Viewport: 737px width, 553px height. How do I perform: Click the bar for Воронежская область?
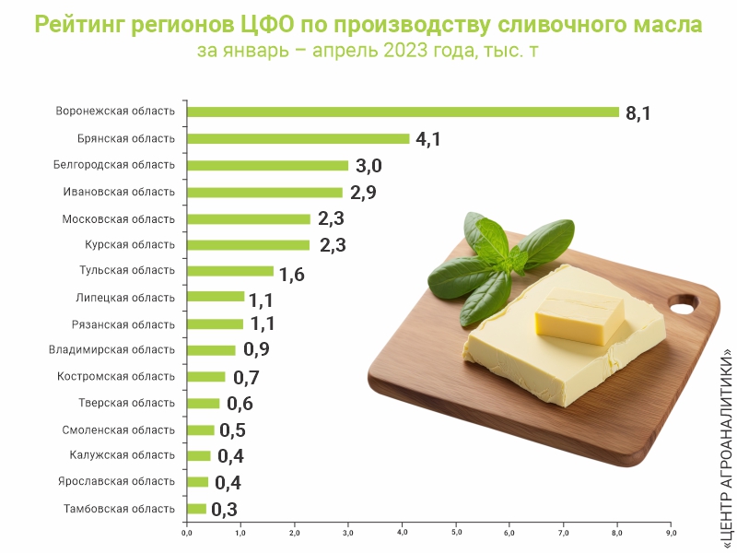[x=403, y=112]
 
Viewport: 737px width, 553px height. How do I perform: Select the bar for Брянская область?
[x=298, y=139]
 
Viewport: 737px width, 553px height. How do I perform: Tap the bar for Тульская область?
[x=230, y=271]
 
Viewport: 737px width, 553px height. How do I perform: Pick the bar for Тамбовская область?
[x=196, y=509]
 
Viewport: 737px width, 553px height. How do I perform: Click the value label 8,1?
[x=638, y=113]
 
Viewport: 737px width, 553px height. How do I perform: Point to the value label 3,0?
[x=368, y=166]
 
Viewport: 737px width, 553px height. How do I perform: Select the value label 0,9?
[x=256, y=349]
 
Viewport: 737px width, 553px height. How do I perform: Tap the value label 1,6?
[x=292, y=275]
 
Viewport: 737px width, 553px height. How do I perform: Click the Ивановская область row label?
[x=119, y=192]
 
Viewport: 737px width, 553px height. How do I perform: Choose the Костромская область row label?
[x=116, y=377]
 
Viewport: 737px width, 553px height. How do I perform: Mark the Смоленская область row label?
[x=119, y=430]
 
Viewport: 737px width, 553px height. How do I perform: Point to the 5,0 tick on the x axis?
[x=456, y=533]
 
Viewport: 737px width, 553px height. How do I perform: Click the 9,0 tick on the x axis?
[x=672, y=533]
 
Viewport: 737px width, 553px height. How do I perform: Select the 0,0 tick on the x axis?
[x=187, y=533]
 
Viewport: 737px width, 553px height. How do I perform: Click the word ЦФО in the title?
[x=266, y=24]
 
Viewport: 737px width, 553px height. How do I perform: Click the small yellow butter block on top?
[x=579, y=315]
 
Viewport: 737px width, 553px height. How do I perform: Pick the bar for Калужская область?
[x=199, y=455]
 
